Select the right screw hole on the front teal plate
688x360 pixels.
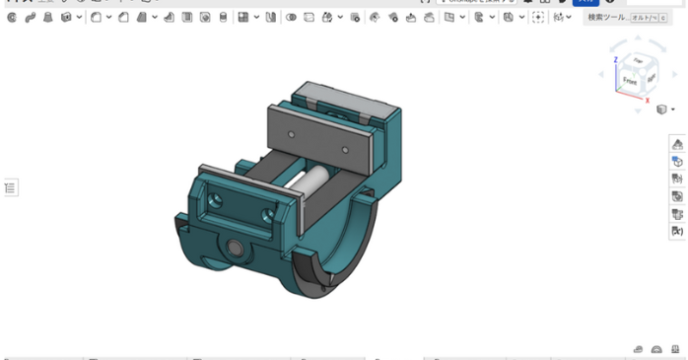266,214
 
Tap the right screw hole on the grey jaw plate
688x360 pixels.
345,149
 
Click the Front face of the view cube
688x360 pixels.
631,78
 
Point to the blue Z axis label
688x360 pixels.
616,59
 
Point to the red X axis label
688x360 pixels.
648,99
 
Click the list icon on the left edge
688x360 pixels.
11,187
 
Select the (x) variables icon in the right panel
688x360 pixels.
677,232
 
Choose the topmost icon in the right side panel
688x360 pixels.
677,144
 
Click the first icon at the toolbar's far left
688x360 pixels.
12,18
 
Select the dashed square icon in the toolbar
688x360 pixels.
537,18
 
